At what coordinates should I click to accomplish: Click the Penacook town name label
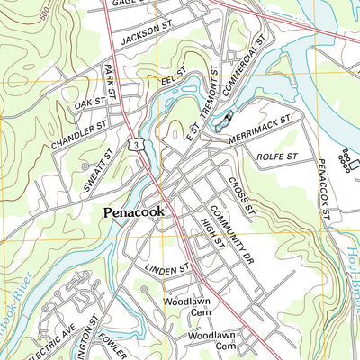132,213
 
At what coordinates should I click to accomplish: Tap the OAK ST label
90,104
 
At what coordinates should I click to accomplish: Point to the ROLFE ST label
277,157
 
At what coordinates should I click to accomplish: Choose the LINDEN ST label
166,267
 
